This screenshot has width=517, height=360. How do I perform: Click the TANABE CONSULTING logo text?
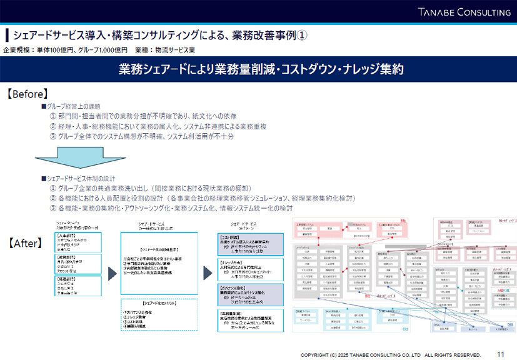[x=464, y=12]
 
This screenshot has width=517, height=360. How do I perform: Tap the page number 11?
[x=500, y=354]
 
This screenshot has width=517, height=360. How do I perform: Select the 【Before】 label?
[x=27, y=94]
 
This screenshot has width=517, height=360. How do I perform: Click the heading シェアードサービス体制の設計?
[x=81, y=179]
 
